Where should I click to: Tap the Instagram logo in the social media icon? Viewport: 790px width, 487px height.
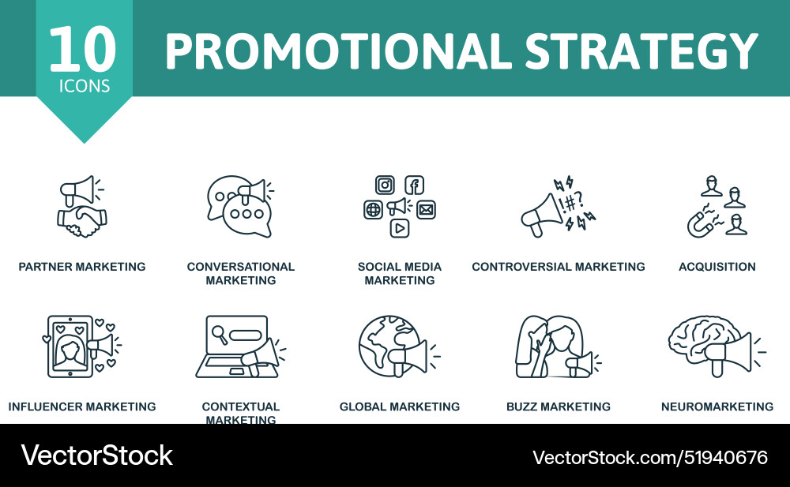pos(385,185)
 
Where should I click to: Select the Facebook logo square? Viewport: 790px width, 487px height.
pos(415,185)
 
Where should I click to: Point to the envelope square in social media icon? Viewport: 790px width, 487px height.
pos(427,209)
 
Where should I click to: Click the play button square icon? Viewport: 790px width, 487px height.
pos(400,228)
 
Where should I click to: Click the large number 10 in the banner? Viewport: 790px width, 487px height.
pos(82,49)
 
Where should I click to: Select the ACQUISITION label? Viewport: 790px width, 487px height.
pos(717,267)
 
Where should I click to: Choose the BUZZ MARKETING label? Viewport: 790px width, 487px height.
pos(558,406)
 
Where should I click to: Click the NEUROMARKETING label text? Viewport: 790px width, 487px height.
pos(717,406)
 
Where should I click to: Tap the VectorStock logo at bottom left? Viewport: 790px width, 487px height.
pos(97,455)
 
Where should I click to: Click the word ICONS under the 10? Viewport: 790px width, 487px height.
pos(84,86)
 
